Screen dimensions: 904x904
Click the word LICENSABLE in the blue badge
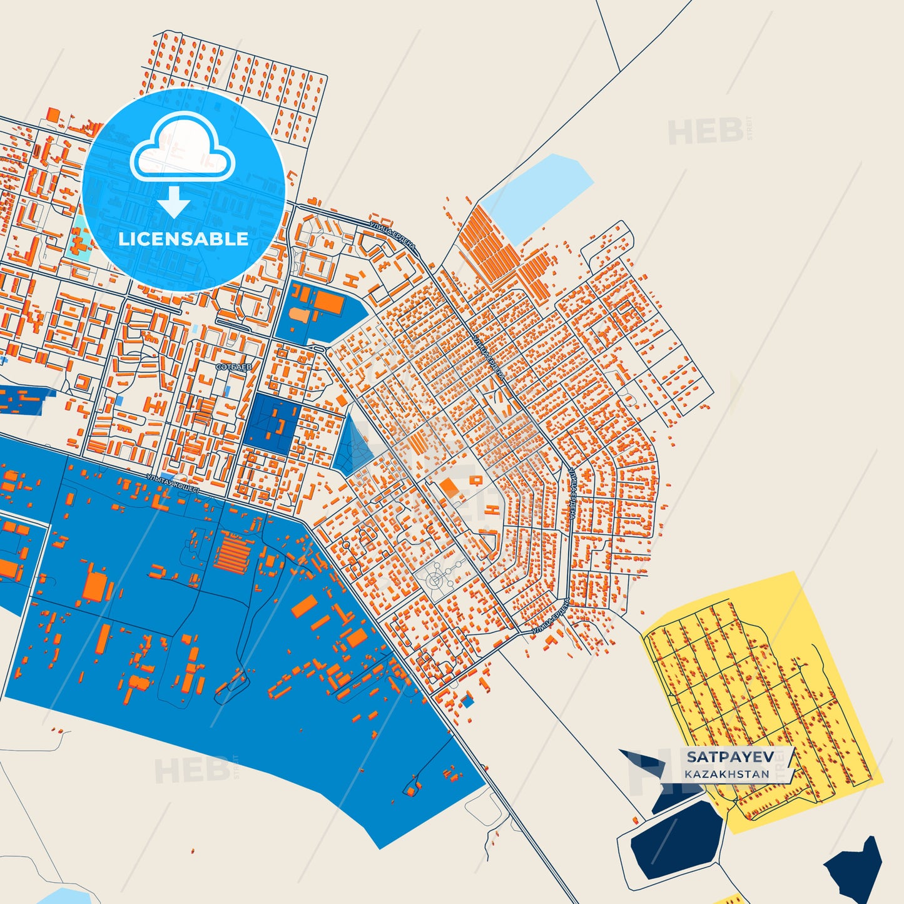[x=183, y=239]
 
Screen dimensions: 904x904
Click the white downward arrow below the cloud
[x=174, y=202]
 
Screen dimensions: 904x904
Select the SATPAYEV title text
[x=730, y=757]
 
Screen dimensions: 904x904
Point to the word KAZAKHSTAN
[x=727, y=774]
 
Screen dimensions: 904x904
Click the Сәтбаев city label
[x=234, y=367]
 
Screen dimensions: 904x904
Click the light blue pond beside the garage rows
[x=539, y=195]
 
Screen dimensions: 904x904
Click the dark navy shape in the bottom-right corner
[x=857, y=870]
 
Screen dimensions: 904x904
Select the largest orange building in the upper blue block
[x=328, y=303]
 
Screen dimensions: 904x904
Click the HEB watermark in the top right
[x=706, y=131]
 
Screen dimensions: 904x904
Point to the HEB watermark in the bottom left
[x=192, y=770]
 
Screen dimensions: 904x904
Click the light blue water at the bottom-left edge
[x=59, y=896]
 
